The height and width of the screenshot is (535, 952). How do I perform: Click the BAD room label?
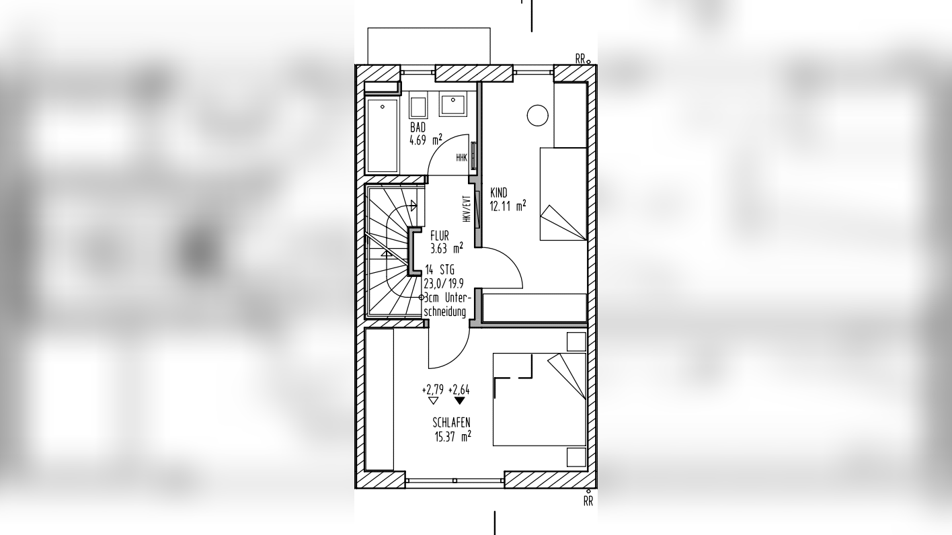click(x=418, y=127)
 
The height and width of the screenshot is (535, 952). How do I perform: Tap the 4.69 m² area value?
click(x=426, y=140)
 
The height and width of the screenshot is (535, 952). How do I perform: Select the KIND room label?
click(x=499, y=193)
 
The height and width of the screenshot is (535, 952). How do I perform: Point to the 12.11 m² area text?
click(x=508, y=206)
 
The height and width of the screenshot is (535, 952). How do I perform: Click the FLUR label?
click(x=440, y=235)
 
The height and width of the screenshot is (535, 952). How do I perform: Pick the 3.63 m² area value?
click(x=446, y=248)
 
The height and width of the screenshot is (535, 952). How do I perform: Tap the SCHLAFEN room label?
click(x=451, y=423)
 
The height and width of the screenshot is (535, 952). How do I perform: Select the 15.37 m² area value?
click(x=452, y=436)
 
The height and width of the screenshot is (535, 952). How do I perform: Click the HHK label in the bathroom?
click(x=462, y=158)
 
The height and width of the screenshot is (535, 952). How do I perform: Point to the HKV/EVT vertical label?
click(x=467, y=209)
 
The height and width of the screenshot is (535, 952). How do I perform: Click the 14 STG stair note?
click(x=440, y=270)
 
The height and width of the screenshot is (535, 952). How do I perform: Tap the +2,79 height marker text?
click(x=433, y=390)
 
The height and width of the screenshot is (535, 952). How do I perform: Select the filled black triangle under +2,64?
click(x=459, y=401)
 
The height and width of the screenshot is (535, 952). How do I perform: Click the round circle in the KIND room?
click(x=538, y=116)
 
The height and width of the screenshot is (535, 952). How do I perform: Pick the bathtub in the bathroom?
click(x=383, y=135)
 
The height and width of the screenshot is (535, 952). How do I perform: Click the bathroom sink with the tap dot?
click(x=453, y=106)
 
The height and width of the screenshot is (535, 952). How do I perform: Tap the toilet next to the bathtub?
click(x=418, y=108)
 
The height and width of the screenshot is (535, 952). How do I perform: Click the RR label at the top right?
click(x=581, y=59)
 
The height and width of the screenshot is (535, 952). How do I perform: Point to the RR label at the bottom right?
click(x=588, y=502)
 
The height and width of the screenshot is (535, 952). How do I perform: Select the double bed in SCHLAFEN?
click(x=539, y=399)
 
